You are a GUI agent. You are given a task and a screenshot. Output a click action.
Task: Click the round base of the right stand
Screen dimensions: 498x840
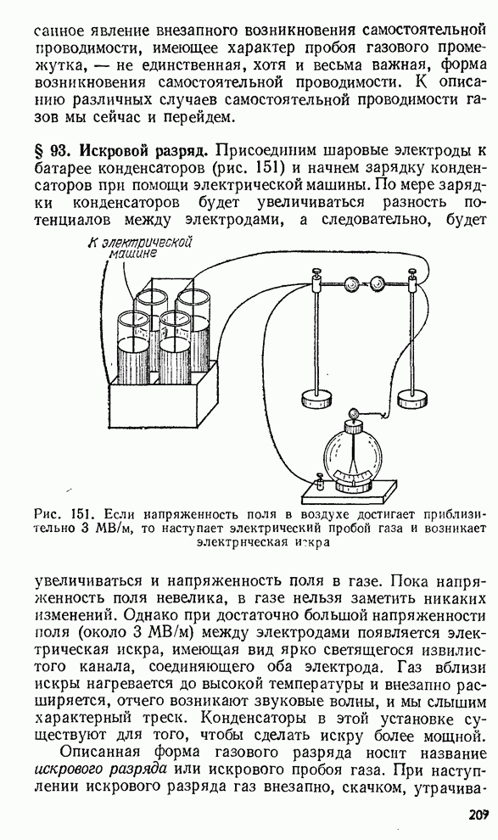coord(412,397)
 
